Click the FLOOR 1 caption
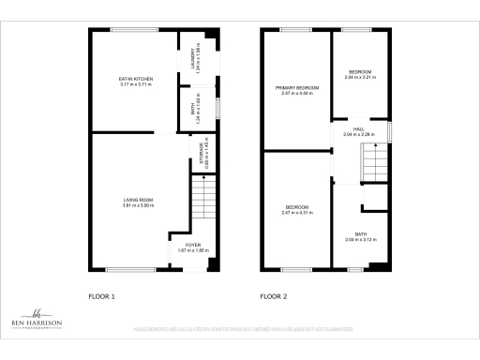coord(101,296)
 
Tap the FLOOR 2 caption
coord(274,296)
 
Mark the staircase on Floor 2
coord(374,167)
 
